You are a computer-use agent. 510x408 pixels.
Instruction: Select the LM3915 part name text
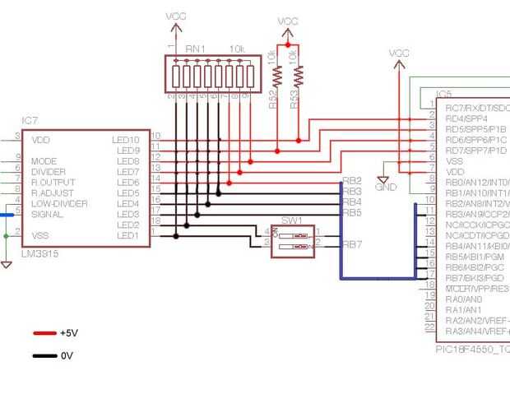[x=39, y=254]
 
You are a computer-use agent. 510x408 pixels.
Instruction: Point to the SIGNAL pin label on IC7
[x=47, y=214]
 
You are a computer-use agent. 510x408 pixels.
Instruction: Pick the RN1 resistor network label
[x=195, y=49]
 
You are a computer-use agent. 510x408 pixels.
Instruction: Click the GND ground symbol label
[x=385, y=187]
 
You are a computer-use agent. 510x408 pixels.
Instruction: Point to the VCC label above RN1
[x=176, y=16]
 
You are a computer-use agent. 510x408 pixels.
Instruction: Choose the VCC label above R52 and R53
[x=288, y=21]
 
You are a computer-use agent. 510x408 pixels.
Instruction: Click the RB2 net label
[x=352, y=181]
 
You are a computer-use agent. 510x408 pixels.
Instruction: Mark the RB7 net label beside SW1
[x=352, y=244]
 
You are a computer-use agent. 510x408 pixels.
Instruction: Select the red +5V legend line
[x=44, y=333]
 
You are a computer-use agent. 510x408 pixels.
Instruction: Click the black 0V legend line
[x=44, y=356]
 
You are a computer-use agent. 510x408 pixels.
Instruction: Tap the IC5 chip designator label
[x=444, y=95]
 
